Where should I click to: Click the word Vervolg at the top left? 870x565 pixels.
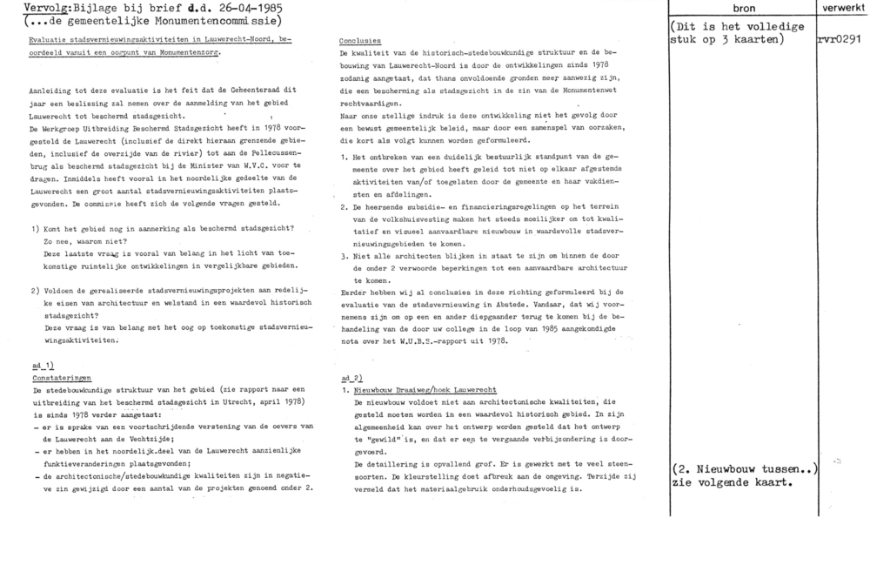[24, 7]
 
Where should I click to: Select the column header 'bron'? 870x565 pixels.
[742, 7]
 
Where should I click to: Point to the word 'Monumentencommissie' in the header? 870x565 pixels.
[215, 20]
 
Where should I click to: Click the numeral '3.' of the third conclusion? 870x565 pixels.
[345, 258]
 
